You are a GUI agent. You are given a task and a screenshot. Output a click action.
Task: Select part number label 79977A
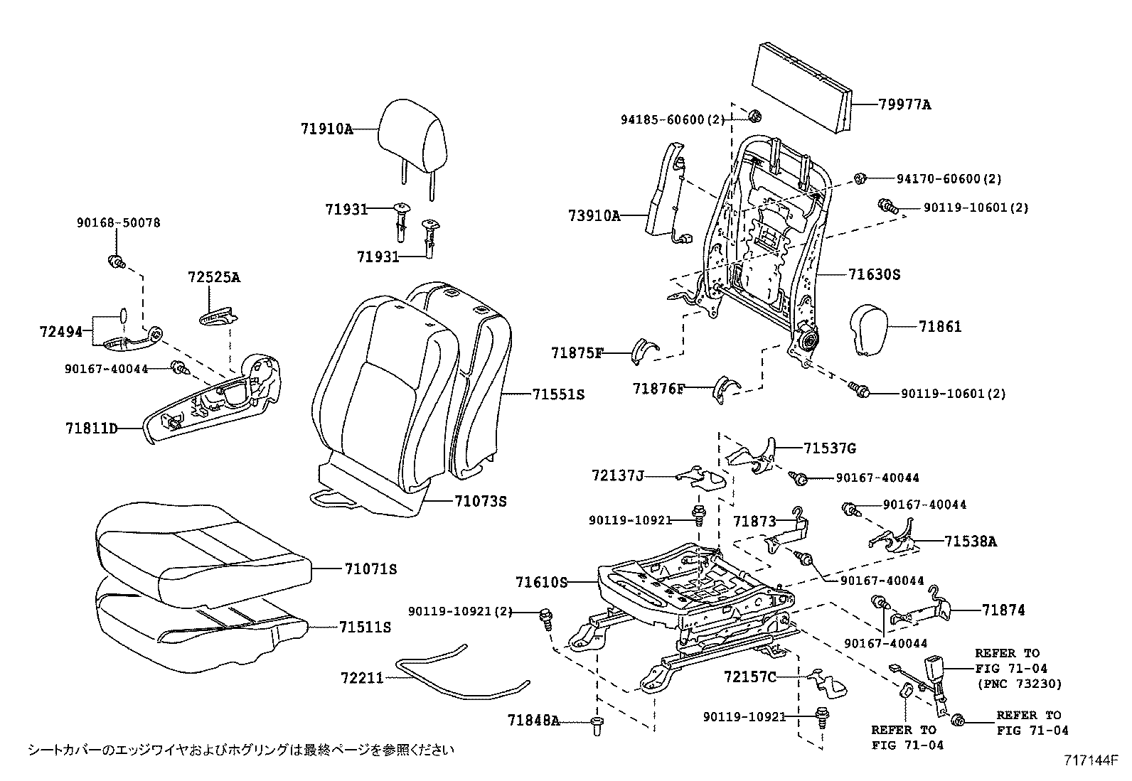(x=904, y=105)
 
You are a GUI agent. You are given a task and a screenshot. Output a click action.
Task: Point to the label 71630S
(x=874, y=274)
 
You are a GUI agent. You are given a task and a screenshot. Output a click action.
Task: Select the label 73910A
(x=594, y=215)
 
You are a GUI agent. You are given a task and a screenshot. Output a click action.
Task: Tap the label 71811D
(x=92, y=429)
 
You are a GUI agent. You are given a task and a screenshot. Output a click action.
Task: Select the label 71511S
(x=365, y=628)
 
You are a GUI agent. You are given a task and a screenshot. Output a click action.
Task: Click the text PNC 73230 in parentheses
(x=1018, y=684)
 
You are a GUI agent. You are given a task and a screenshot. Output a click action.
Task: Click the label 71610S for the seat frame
(x=542, y=583)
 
